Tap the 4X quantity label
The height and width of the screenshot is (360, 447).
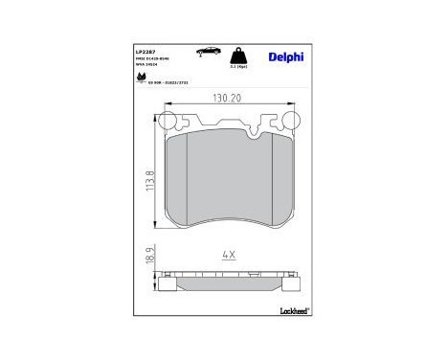(228, 256)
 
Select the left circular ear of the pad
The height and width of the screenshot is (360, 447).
(166, 122)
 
